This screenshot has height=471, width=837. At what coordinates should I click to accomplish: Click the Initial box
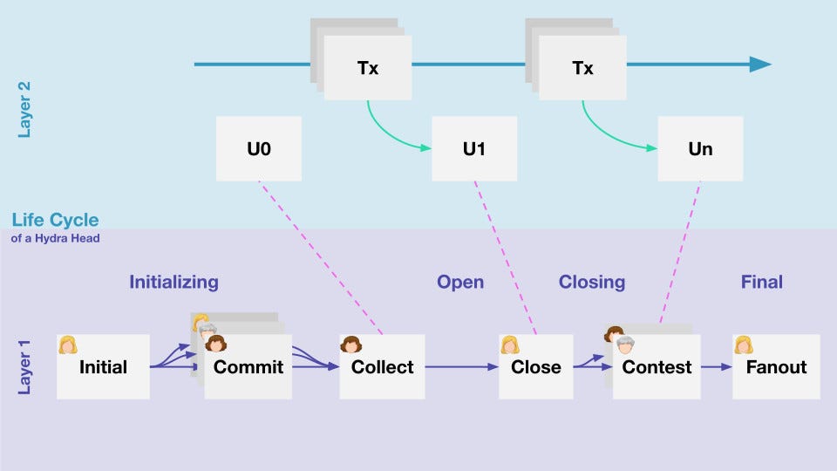pyautogui.click(x=103, y=367)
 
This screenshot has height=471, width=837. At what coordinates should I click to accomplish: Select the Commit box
pyautogui.click(x=248, y=367)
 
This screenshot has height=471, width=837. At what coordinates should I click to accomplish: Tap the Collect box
pyautogui.click(x=382, y=367)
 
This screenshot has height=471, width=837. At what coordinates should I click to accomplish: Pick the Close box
pyautogui.click(x=536, y=367)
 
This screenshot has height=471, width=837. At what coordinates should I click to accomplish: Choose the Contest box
pyautogui.click(x=657, y=367)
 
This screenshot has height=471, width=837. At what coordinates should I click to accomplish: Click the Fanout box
pyautogui.click(x=776, y=367)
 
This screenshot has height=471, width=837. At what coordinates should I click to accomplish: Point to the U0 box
pyautogui.click(x=259, y=149)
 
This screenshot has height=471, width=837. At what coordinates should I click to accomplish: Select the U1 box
pyautogui.click(x=474, y=149)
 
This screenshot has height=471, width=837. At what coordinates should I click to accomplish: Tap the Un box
pyautogui.click(x=700, y=149)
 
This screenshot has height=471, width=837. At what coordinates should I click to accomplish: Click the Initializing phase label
pyautogui.click(x=174, y=282)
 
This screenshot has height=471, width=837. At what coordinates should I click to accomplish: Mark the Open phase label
pyautogui.click(x=460, y=282)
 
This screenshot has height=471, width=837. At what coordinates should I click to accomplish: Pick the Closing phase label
pyautogui.click(x=592, y=282)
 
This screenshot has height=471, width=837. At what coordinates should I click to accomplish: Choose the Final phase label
pyautogui.click(x=762, y=282)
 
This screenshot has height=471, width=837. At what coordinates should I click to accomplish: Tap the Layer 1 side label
pyautogui.click(x=25, y=366)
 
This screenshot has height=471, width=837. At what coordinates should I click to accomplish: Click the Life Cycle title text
pyautogui.click(x=55, y=220)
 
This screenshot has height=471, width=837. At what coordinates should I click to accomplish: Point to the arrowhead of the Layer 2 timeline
pyautogui.click(x=760, y=65)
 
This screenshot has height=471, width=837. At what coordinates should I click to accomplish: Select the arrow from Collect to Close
pyautogui.click(x=462, y=367)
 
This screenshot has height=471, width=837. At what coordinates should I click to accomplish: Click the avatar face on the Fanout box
pyautogui.click(x=744, y=345)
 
